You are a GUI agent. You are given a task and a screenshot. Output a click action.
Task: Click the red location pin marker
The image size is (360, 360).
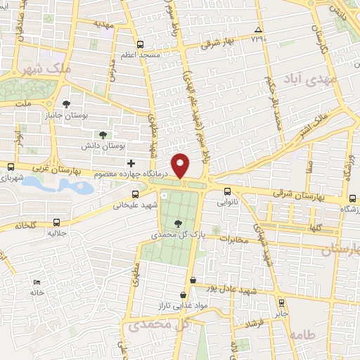[181, 166]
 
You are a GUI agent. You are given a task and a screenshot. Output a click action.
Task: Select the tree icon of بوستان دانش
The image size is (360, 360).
[103, 134]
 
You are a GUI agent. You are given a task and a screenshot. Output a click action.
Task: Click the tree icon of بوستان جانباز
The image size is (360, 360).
[65, 104]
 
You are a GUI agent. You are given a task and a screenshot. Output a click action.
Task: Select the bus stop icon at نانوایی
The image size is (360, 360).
[227, 191]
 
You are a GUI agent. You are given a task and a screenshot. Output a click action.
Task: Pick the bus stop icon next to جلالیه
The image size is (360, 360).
[56, 224]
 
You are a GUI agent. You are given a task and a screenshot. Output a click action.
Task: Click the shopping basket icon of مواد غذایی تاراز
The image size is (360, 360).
[184, 295]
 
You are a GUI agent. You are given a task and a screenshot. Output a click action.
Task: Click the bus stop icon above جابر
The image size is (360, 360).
[282, 303]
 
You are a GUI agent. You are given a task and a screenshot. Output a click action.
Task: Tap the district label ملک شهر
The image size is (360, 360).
[48, 70]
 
